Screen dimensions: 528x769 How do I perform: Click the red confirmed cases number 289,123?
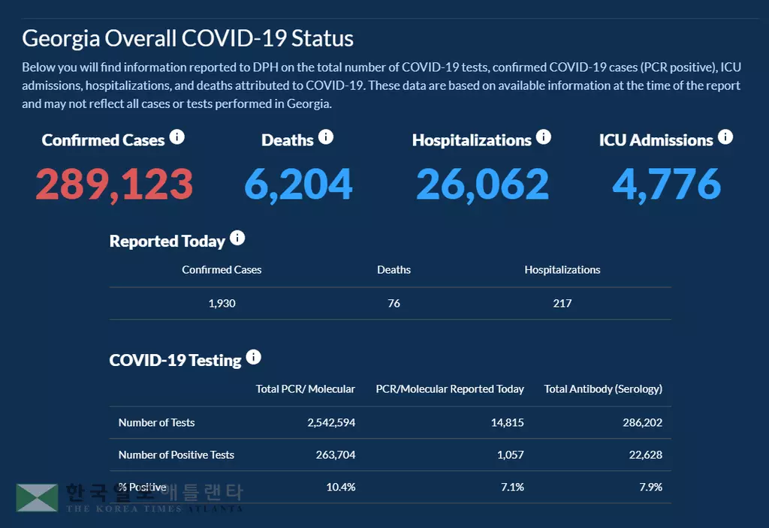point(114,184)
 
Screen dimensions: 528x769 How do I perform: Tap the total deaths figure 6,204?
point(298,184)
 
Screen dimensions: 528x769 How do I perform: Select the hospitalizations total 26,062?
point(482,184)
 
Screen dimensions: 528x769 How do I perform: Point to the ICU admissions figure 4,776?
point(666,184)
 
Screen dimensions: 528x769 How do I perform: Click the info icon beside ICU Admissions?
point(725,137)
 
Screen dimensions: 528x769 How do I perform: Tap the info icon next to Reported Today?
point(237,238)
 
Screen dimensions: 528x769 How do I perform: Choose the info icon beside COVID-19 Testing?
point(254,357)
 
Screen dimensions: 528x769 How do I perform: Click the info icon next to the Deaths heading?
point(326,137)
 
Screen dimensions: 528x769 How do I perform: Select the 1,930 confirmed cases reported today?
point(222,304)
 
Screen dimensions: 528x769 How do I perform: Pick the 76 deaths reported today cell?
point(394,304)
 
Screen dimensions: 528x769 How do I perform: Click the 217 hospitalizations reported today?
point(562,304)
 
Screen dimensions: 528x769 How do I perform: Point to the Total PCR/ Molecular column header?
point(305,389)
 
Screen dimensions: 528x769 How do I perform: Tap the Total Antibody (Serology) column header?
point(603,389)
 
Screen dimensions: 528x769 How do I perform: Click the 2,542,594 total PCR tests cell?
point(331,423)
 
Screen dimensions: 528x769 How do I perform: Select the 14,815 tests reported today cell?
point(507,423)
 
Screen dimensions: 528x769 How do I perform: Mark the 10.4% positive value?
point(340,487)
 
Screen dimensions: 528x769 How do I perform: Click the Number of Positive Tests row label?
point(176,455)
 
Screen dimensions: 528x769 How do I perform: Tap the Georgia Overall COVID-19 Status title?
point(188,38)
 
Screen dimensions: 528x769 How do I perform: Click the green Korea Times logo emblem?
point(37,497)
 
